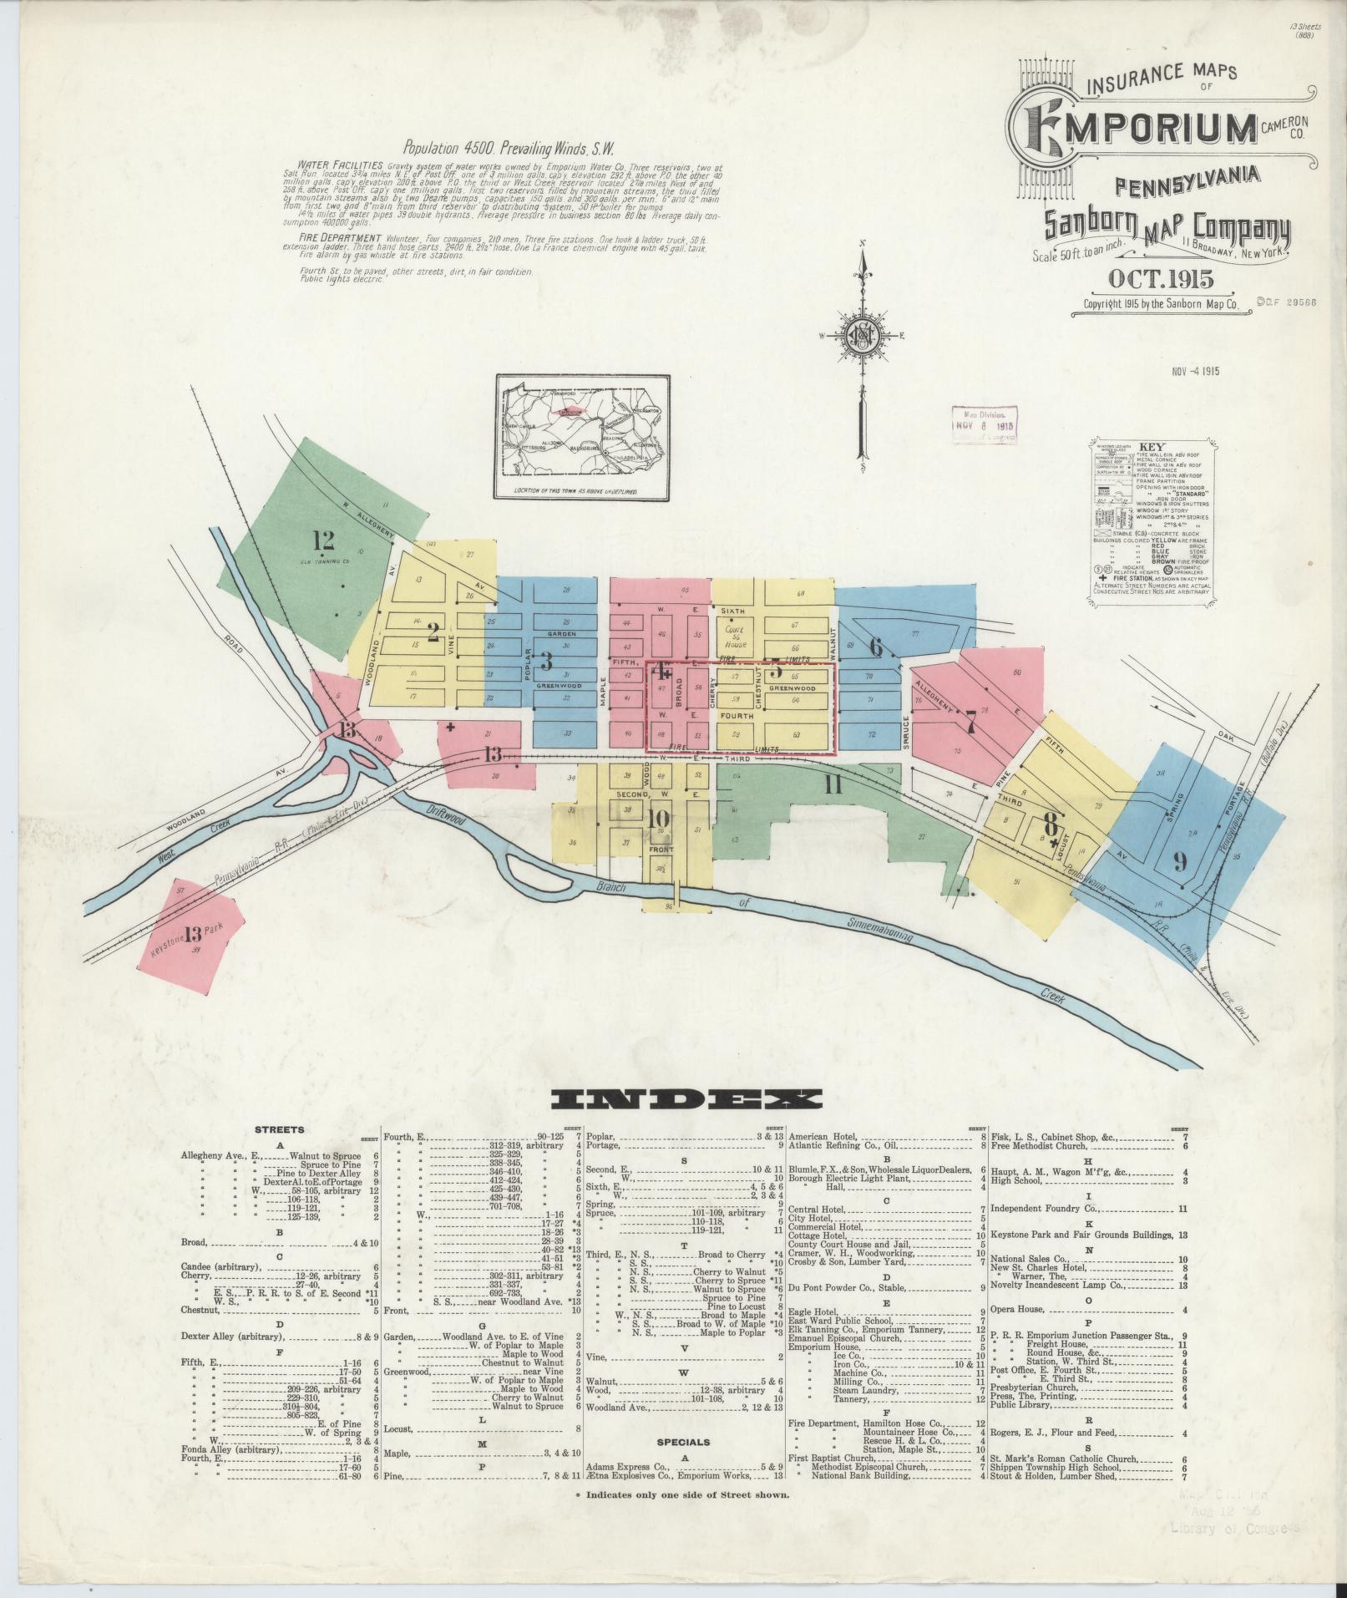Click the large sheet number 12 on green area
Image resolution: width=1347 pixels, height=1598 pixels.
pos(323,539)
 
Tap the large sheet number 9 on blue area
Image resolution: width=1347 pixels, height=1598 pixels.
pos(1179,862)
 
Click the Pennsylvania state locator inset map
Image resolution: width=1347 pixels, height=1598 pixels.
pos(582,437)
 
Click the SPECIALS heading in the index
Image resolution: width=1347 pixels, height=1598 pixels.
pos(683,1442)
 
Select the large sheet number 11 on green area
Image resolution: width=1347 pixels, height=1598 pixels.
pos(833,784)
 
